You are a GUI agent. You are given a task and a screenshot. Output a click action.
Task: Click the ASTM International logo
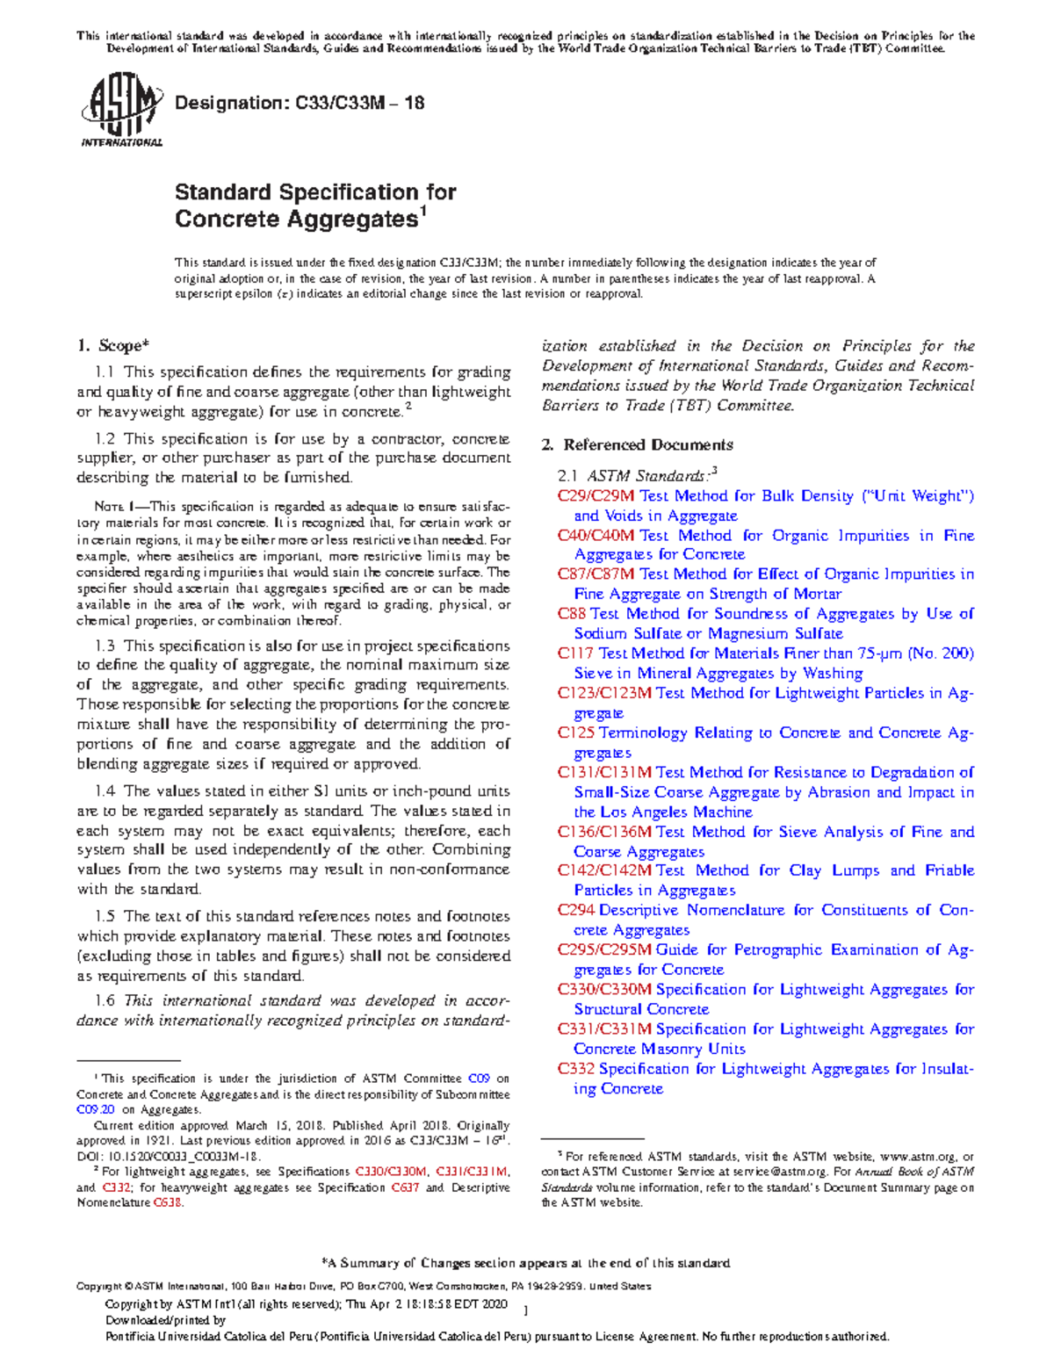click(x=121, y=110)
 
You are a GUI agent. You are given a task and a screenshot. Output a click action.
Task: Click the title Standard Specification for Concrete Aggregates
click(x=314, y=206)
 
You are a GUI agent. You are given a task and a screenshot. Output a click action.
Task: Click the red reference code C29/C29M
click(x=596, y=496)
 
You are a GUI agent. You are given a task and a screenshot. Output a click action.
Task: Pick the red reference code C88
click(x=571, y=614)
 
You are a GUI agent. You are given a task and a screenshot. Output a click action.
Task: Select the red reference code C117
click(x=575, y=653)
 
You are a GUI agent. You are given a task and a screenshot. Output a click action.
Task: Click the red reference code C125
click(x=575, y=733)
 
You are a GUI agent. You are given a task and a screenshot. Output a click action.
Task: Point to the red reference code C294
click(x=575, y=910)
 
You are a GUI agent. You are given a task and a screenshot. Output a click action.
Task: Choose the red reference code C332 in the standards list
click(x=575, y=1069)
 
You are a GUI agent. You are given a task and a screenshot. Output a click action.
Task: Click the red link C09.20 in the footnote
click(x=96, y=1110)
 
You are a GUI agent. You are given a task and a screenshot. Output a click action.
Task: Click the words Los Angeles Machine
click(x=675, y=812)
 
